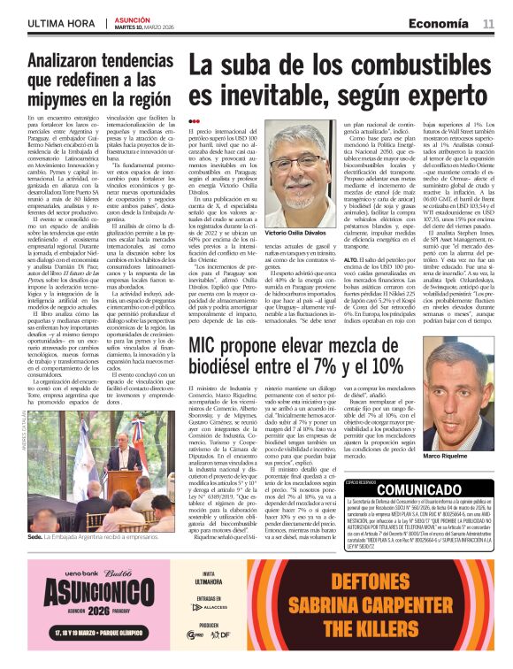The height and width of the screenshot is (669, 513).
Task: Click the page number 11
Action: coord(487,23)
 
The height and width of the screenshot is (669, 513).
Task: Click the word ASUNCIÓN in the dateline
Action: coord(134,17)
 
